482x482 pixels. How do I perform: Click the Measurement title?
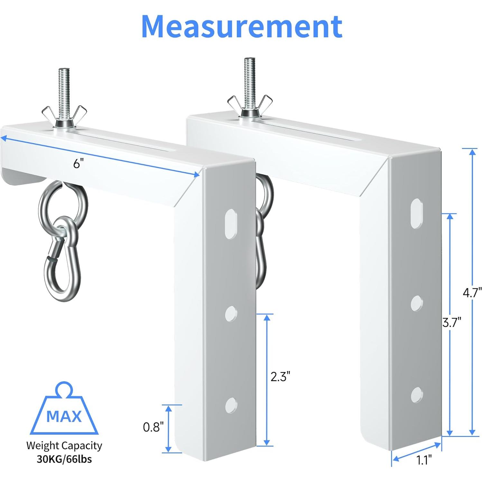pos(242,26)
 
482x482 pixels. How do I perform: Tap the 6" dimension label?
pos(77,164)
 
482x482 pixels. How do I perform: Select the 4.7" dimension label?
pos(472,293)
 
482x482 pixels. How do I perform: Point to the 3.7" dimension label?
pos(452,322)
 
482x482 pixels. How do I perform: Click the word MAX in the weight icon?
pos(64,416)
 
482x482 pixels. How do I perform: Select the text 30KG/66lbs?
pos(64,459)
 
